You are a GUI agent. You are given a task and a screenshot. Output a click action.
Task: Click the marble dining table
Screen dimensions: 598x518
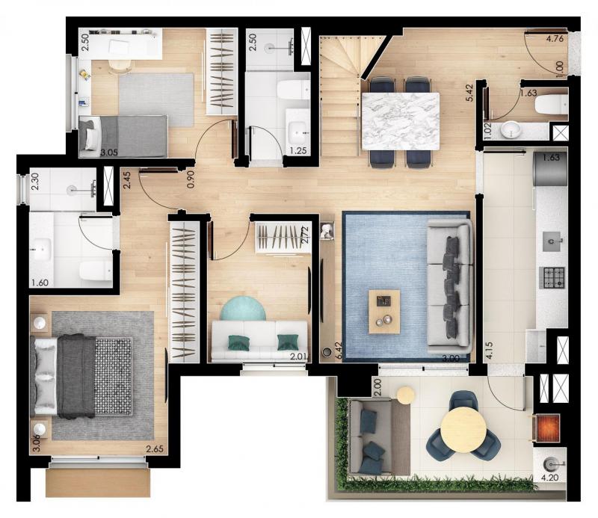[x=400, y=121]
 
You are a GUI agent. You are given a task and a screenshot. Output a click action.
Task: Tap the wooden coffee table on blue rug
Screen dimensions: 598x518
[x=384, y=312]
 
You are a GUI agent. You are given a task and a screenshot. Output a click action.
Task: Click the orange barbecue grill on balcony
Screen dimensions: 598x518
[x=548, y=428]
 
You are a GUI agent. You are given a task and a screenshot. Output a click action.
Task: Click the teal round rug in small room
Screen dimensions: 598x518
[x=243, y=308]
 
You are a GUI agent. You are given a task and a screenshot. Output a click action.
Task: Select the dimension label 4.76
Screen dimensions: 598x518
[x=555, y=38]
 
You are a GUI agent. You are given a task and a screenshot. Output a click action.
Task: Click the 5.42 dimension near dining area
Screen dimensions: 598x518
[x=469, y=93]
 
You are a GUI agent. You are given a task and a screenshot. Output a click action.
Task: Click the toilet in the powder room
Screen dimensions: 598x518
[x=552, y=105]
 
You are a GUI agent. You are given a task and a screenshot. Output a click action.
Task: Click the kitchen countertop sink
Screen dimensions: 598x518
[x=552, y=241]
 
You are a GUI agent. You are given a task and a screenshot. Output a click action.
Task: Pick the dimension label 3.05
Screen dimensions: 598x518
[x=109, y=153]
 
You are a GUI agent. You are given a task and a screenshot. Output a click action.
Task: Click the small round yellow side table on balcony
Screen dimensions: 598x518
[x=405, y=395]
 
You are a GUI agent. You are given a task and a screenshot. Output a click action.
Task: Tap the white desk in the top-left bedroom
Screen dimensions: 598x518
[x=121, y=44]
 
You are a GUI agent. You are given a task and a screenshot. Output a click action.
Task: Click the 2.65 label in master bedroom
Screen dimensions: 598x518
[x=155, y=448]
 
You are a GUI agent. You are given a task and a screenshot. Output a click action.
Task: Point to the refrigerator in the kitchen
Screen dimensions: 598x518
[x=551, y=169]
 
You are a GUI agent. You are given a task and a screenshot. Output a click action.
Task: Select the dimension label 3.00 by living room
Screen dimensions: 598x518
[x=451, y=359]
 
